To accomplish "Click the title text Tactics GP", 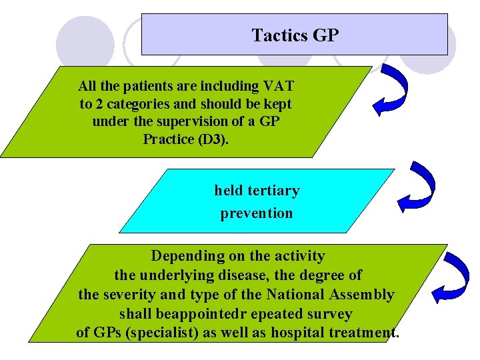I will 295,35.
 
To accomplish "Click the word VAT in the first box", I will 279,86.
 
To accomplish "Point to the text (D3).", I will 213,139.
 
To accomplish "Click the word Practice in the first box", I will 166,139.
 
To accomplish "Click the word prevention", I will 257,213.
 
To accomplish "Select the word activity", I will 294,256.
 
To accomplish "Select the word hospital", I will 299,333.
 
